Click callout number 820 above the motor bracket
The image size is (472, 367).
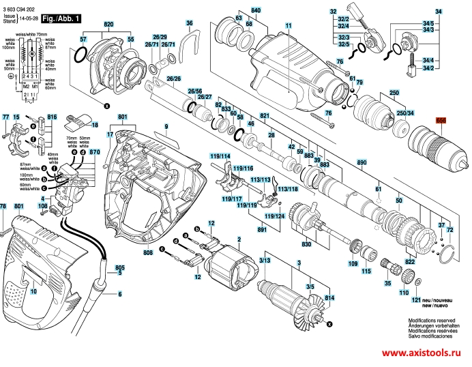tap(108, 25)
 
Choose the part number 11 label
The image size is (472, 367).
tap(288, 25)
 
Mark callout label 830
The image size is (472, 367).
tap(306, 244)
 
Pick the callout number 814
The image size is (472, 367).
tap(330, 299)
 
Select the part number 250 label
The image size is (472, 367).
tap(394, 92)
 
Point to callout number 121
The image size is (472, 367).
tap(415, 300)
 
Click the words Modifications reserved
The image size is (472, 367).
tap(431, 319)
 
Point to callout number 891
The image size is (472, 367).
tap(261, 230)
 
